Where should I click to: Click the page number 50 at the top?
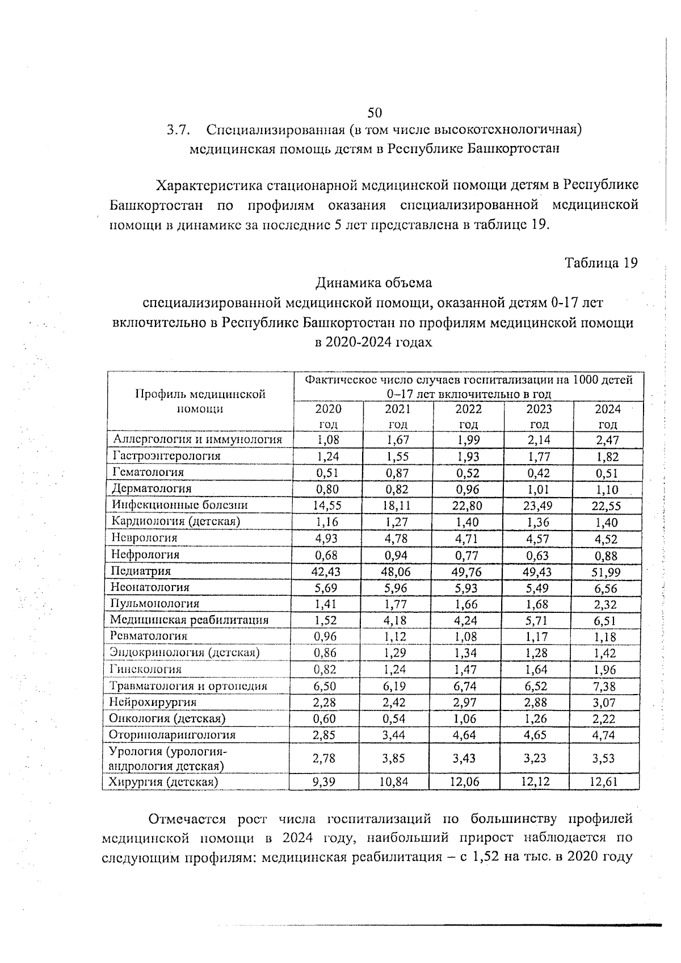[375, 112]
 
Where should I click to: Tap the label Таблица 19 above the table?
[601, 263]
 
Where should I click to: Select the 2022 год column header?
[468, 417]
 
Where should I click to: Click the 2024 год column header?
[607, 417]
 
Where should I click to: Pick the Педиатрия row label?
[141, 571]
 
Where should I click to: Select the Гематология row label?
[149, 472]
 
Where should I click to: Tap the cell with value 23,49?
[537, 506]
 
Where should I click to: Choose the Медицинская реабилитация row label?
[190, 620]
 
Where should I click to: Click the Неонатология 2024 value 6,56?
[606, 589]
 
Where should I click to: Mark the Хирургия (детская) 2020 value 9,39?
[324, 782]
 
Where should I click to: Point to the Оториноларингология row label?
[173, 735]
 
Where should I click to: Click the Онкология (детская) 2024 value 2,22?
[605, 720]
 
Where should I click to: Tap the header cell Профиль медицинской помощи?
[200, 401]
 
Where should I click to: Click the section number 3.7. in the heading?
[177, 130]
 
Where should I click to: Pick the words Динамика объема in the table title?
[374, 282]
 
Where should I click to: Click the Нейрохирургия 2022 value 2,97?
[466, 703]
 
